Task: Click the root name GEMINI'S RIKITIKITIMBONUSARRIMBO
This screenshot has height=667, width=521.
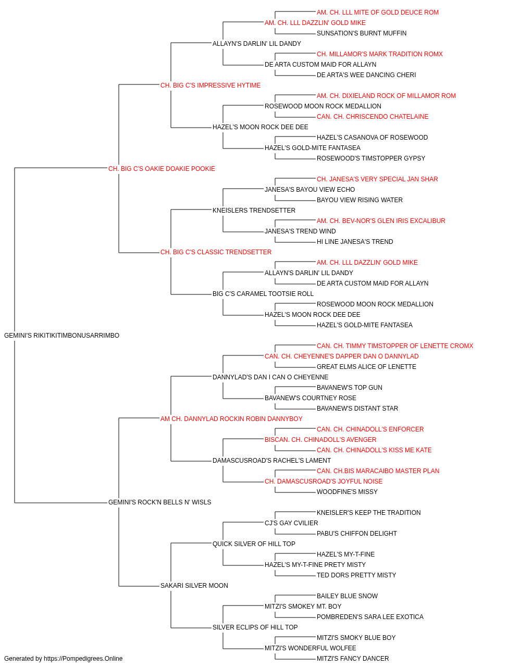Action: coord(61,336)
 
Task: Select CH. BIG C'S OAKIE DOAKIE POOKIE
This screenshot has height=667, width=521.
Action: coord(162,169)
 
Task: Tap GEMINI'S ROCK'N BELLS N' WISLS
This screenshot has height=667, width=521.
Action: coord(159,502)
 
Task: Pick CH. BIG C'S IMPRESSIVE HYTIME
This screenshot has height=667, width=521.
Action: coord(210,85)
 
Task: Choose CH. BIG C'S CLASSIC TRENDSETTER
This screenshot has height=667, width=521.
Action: coord(216,252)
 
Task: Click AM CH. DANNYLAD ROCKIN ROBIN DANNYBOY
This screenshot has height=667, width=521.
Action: coord(231,418)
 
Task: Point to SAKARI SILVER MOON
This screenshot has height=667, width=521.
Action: coord(194,585)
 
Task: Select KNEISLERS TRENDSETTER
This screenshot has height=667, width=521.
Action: coord(254,210)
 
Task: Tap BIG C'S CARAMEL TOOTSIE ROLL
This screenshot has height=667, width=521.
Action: coord(263,294)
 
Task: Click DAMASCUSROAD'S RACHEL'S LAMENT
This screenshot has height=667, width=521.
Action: coord(271,461)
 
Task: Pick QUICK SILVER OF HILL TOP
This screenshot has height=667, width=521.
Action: coord(254,544)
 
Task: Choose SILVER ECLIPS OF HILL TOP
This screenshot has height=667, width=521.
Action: coord(255,627)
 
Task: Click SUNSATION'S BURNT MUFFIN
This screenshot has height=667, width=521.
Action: coord(362,33)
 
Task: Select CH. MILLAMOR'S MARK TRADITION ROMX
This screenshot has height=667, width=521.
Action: coord(380,54)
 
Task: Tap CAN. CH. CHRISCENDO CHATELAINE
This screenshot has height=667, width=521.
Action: coord(373,117)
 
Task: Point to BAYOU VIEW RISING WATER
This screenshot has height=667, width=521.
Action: coord(359,200)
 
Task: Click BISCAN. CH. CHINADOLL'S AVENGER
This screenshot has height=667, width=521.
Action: coord(320,440)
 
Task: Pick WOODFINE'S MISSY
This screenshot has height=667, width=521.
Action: coord(347,492)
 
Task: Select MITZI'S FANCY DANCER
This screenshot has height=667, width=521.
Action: coord(353,659)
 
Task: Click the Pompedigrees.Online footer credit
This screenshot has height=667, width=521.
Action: coord(63,659)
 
